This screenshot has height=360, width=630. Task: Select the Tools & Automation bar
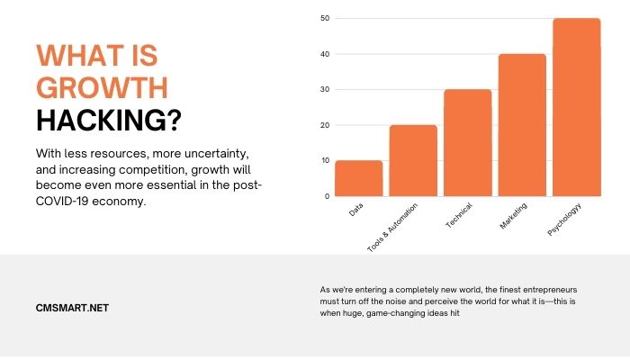tap(413, 160)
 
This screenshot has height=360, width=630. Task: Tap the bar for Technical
tap(468, 142)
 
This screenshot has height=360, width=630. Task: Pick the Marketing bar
tap(522, 124)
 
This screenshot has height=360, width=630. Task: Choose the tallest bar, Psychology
tap(577, 106)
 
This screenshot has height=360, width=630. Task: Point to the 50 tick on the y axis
tap(325, 19)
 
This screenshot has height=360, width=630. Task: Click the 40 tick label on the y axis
tap(325, 54)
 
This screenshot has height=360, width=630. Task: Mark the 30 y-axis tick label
tap(325, 90)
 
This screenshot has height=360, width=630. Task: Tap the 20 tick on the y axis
tap(325, 125)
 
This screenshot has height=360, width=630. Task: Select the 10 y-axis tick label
tap(325, 161)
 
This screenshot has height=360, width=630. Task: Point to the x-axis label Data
tap(356, 212)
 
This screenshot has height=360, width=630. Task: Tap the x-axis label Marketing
tap(514, 217)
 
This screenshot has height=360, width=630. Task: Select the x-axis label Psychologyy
tap(566, 221)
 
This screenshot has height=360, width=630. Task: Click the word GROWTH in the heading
tap(101, 88)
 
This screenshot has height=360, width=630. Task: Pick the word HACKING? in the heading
tap(119, 120)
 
